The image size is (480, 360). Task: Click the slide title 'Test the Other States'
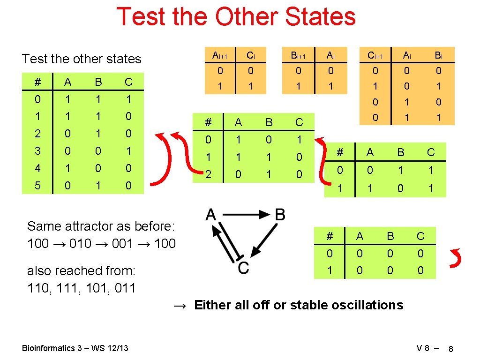pyautogui.click(x=236, y=17)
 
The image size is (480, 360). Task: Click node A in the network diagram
pyautogui.click(x=210, y=215)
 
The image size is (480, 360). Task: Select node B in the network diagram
pyautogui.click(x=279, y=215)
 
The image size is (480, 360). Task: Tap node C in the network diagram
pyautogui.click(x=243, y=268)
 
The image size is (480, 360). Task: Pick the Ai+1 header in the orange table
pyautogui.click(x=219, y=56)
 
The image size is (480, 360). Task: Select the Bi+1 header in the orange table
pyautogui.click(x=298, y=56)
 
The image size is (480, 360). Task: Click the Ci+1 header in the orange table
pyautogui.click(x=375, y=56)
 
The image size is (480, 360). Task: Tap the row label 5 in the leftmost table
pyautogui.click(x=37, y=186)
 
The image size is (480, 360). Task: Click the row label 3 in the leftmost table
pyautogui.click(x=37, y=151)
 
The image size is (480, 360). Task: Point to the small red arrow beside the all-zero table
pyautogui.click(x=454, y=258)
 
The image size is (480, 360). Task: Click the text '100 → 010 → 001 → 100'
pyautogui.click(x=101, y=243)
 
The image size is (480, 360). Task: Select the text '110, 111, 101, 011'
pyautogui.click(x=82, y=288)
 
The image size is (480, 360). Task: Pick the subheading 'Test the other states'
pyautogui.click(x=82, y=59)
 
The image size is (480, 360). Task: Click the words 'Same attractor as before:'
pyautogui.click(x=101, y=226)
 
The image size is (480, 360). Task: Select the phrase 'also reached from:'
pyautogui.click(x=81, y=271)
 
